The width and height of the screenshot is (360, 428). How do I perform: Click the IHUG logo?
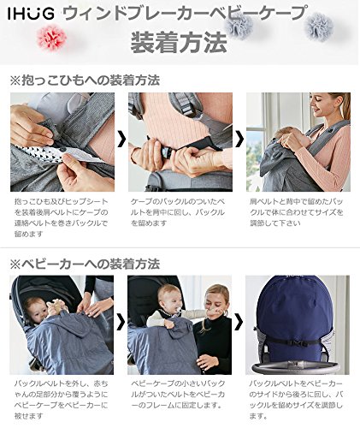click(x=31, y=14)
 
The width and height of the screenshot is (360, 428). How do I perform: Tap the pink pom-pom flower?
click(x=52, y=37)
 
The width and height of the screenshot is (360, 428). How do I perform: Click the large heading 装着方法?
click(x=179, y=43)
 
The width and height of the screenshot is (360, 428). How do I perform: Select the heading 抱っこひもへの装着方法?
click(x=85, y=80)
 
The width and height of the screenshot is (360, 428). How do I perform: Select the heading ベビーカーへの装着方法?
click(x=85, y=264)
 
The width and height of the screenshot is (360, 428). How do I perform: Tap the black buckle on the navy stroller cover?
click(x=298, y=342)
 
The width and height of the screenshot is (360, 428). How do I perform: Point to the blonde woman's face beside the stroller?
click(x=215, y=303)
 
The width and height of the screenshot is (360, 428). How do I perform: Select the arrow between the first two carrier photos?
click(x=121, y=139)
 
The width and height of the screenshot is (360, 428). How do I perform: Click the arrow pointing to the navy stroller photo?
click(x=239, y=322)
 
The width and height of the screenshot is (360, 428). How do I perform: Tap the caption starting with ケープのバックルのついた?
click(x=178, y=212)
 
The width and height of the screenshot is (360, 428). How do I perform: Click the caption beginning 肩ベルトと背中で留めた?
click(x=297, y=212)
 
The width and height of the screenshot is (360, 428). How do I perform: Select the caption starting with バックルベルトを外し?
click(x=62, y=400)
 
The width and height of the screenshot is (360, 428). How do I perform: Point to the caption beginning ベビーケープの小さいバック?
click(x=178, y=394)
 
